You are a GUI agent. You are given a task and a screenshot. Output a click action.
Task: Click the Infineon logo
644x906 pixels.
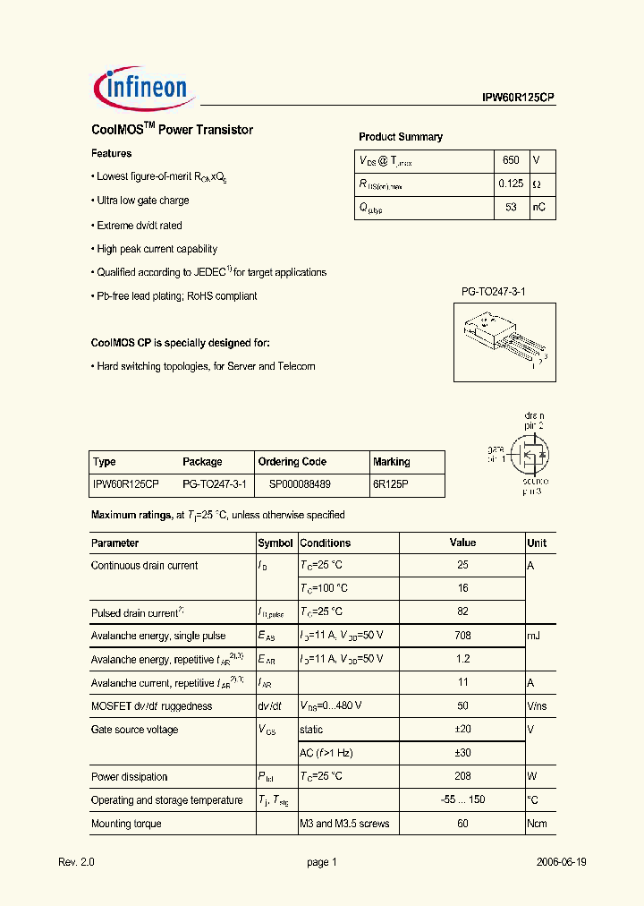click(140, 86)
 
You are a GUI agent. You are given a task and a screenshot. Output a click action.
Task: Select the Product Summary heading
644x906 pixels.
click(401, 137)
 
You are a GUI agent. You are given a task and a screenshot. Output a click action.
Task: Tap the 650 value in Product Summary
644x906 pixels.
click(511, 160)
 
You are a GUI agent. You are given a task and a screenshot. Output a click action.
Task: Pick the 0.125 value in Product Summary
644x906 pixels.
click(511, 184)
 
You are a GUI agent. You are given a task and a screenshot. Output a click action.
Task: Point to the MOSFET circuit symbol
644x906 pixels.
click(530, 455)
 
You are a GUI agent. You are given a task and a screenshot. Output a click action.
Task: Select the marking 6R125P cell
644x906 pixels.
click(390, 485)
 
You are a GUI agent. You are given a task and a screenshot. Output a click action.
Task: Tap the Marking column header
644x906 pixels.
click(391, 462)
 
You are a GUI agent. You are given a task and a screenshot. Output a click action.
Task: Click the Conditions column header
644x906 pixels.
click(326, 543)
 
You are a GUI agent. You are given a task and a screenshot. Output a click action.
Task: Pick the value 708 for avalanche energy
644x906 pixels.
click(462, 636)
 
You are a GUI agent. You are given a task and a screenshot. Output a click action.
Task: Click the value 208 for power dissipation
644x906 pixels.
click(462, 777)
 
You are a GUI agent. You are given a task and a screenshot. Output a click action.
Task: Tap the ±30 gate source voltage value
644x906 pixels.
click(462, 753)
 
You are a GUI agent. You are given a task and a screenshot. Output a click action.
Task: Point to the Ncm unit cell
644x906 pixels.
click(537, 824)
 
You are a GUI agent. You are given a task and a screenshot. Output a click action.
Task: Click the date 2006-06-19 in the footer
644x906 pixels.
click(562, 862)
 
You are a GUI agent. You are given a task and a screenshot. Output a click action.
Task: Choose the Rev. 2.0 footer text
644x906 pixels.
click(76, 862)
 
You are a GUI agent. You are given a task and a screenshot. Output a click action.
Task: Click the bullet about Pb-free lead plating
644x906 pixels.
click(176, 296)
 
